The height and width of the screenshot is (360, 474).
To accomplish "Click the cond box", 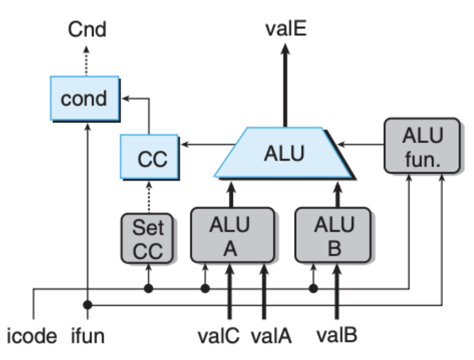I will point(84,98).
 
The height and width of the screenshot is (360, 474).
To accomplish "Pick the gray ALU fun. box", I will point(421,146).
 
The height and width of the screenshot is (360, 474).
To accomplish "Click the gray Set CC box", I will point(147,238).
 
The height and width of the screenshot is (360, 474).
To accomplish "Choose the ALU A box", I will point(232,235).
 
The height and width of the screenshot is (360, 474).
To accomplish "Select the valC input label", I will point(219,337).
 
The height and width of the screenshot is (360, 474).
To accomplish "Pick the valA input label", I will point(273,337).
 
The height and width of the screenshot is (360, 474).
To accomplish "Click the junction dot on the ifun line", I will point(87,304).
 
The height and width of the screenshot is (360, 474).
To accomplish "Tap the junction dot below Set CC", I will point(147,288).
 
